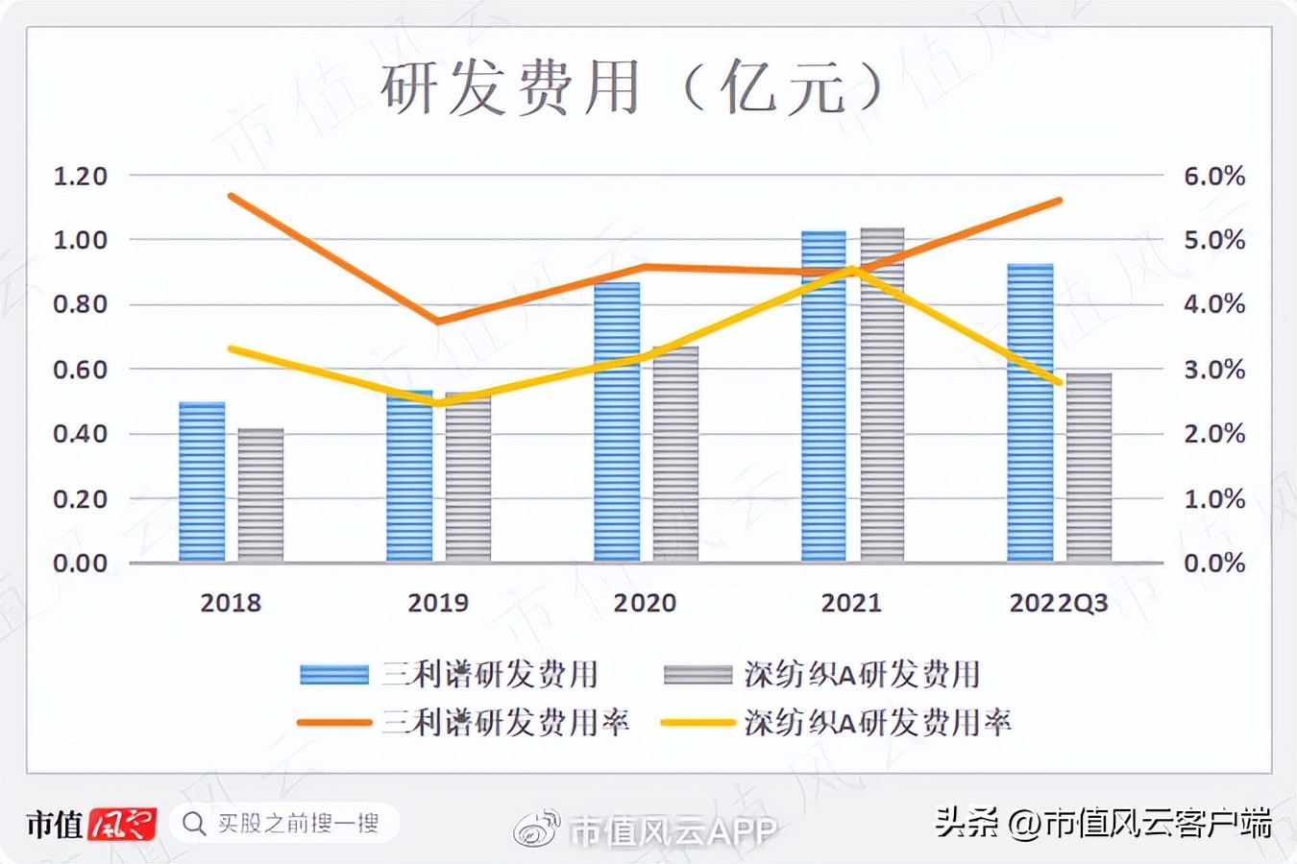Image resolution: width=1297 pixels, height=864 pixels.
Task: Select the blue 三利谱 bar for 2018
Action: click(202, 482)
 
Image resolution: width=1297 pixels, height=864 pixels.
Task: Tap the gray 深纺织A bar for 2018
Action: click(260, 495)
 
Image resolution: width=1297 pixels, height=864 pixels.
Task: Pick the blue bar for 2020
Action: click(617, 422)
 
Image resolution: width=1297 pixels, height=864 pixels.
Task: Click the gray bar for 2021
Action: click(882, 396)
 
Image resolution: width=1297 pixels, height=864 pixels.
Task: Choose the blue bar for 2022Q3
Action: click(1030, 413)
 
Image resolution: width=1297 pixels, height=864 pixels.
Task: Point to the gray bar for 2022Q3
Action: click(1089, 468)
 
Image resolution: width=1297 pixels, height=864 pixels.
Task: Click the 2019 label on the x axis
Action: click(438, 603)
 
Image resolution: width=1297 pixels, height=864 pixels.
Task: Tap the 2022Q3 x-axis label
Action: click(1059, 603)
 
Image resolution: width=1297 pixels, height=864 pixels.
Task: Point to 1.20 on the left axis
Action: click(80, 177)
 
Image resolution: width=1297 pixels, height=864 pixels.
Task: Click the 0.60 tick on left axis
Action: click(80, 370)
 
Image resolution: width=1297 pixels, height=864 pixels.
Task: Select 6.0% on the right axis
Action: click(1214, 177)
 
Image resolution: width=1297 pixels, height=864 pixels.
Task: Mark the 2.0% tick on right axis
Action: click(1214, 434)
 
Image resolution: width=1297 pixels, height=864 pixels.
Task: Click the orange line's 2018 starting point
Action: click(232, 196)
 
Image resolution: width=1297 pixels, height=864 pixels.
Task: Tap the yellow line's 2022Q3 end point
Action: click(1059, 382)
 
